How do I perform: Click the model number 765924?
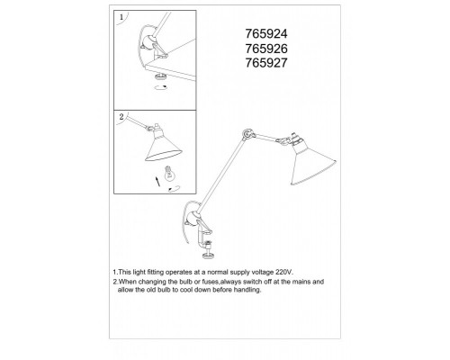pos(266,33)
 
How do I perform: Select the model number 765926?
pos(266,49)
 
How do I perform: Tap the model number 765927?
pos(266,63)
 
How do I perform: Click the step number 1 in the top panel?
pos(121,17)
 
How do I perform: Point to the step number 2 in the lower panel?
pos(121,117)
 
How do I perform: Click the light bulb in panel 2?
pos(169,174)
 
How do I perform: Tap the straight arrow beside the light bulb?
pos(157,181)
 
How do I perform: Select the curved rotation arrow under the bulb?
pos(175,189)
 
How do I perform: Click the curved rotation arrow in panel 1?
pos(161,87)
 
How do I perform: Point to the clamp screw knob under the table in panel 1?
pos(161,76)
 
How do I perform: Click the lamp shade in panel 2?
pos(163,146)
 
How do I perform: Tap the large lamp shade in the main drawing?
pos(312,162)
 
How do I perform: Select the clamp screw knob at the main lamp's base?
pos(209,256)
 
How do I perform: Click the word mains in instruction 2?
pos(301,282)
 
